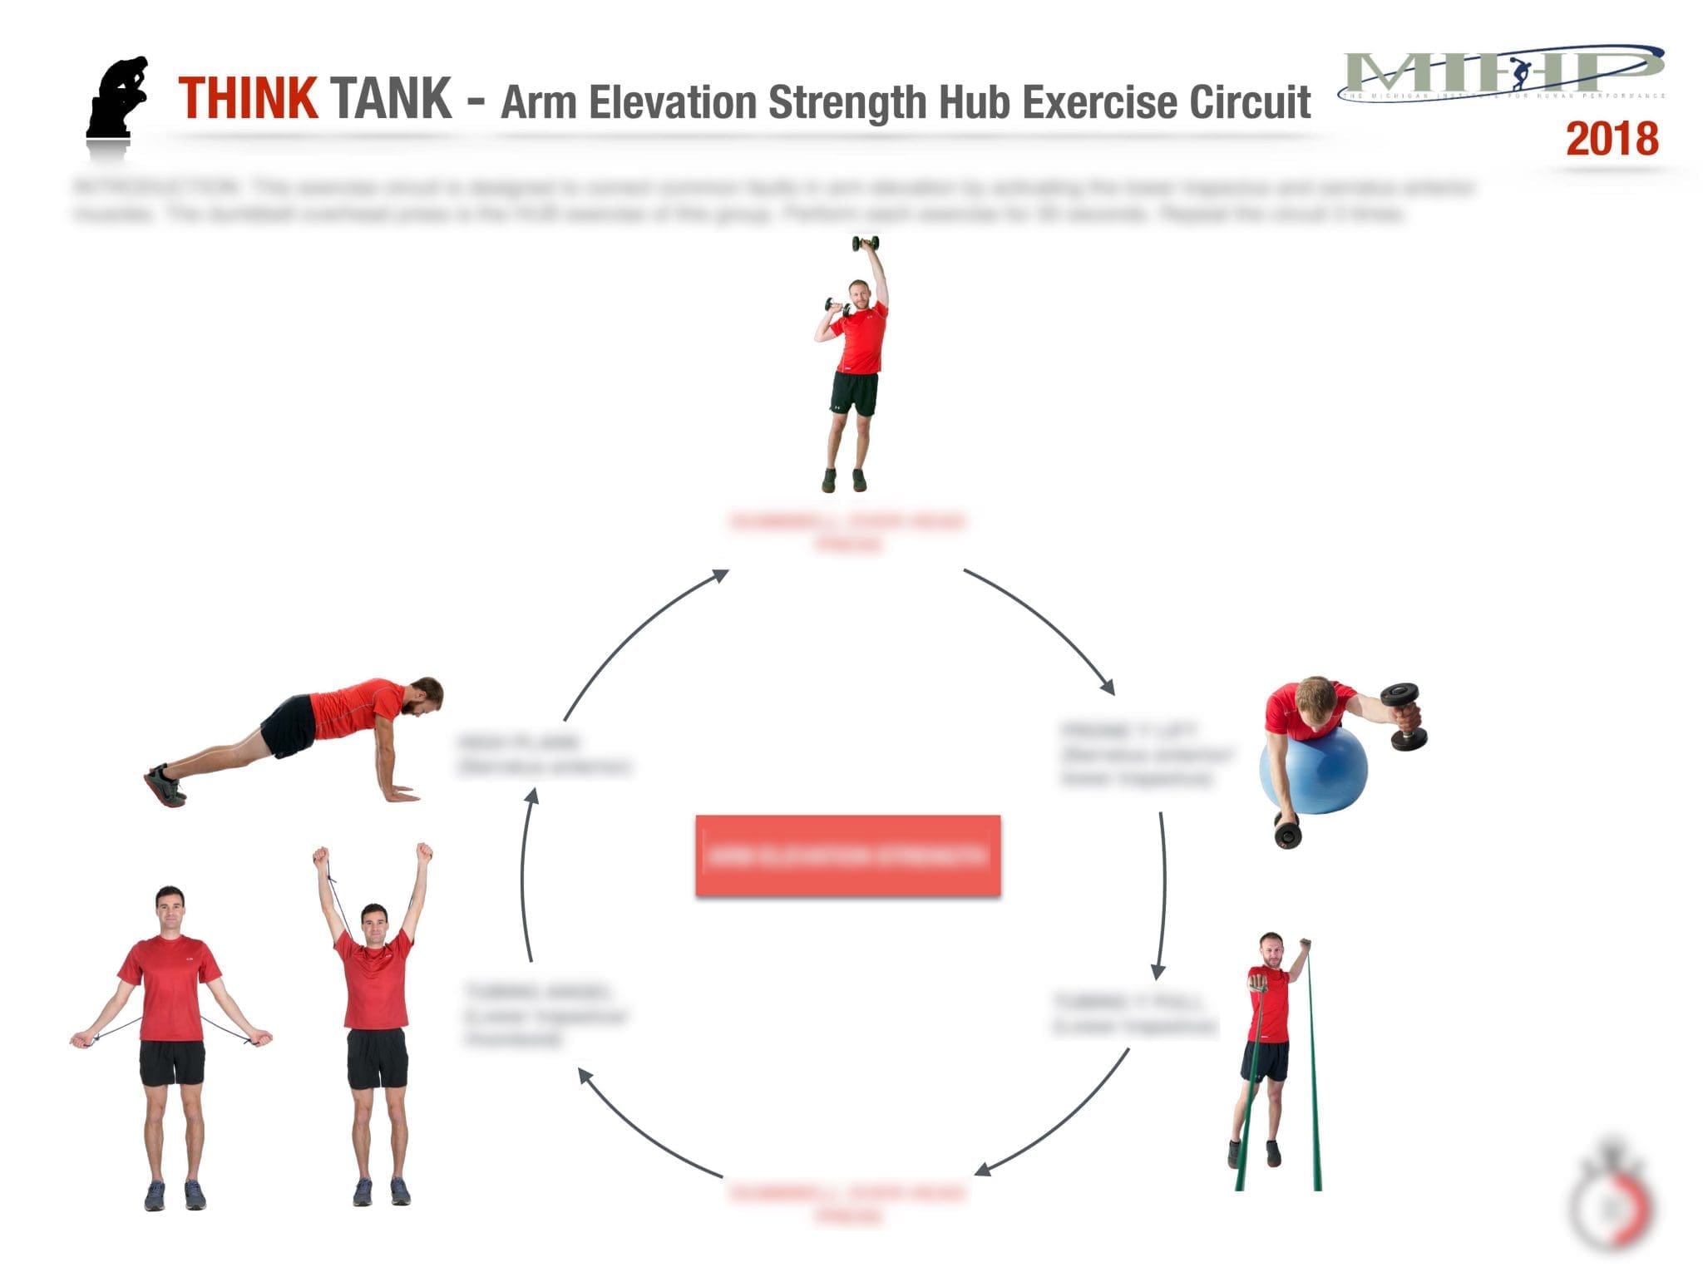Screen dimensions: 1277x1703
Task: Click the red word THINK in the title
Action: (247, 99)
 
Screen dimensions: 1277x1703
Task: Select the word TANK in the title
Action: (391, 99)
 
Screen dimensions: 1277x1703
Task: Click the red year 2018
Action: (1612, 139)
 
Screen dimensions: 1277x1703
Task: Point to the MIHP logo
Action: (1502, 74)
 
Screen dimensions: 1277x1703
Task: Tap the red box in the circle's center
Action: (847, 855)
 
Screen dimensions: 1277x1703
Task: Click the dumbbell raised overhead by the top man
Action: (865, 244)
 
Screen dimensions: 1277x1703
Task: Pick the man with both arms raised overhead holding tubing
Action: (377, 1023)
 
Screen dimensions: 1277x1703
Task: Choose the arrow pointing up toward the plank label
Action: (526, 873)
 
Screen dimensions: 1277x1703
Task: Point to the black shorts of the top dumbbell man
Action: (853, 394)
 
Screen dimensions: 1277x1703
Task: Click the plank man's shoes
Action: (165, 786)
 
